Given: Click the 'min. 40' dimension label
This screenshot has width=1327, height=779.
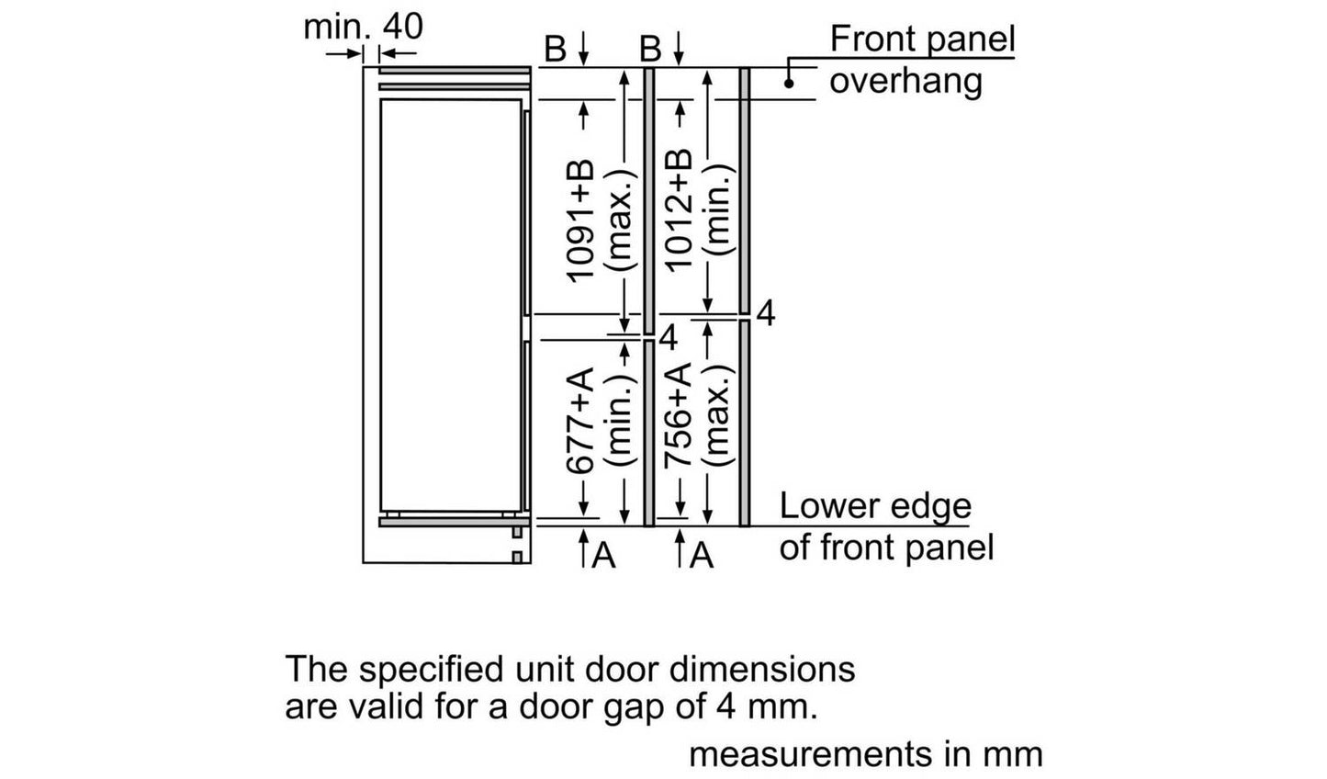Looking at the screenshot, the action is pyautogui.click(x=363, y=28).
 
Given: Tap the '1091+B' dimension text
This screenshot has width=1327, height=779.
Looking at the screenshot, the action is pyautogui.click(x=579, y=220).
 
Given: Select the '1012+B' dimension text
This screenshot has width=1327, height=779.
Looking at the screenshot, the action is pyautogui.click(x=679, y=210).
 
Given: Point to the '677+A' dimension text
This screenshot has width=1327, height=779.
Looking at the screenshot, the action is pyautogui.click(x=579, y=421).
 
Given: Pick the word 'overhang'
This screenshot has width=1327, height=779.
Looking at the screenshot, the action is pyautogui.click(x=905, y=81).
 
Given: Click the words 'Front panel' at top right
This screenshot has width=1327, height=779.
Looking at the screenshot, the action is pyautogui.click(x=922, y=40).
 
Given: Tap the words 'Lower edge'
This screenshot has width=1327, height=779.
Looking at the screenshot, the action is pyautogui.click(x=875, y=506).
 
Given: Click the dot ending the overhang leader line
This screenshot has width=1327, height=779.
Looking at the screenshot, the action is pyautogui.click(x=789, y=84).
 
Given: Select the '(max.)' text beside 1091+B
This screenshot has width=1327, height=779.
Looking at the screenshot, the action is pyautogui.click(x=620, y=220).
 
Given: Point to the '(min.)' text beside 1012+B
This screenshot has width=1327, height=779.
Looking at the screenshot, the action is pyautogui.click(x=718, y=210).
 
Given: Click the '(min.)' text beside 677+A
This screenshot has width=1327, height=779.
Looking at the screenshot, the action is pyautogui.click(x=620, y=421).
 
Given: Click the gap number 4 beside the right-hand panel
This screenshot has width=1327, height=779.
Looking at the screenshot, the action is pyautogui.click(x=766, y=314).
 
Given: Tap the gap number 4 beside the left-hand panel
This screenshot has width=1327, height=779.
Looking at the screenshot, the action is pyautogui.click(x=668, y=338).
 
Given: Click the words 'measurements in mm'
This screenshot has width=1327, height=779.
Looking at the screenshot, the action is pyautogui.click(x=865, y=755).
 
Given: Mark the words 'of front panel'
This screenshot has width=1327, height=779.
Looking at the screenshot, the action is pyautogui.click(x=886, y=548).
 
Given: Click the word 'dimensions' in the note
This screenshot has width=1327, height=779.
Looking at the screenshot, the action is pyautogui.click(x=762, y=670).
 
